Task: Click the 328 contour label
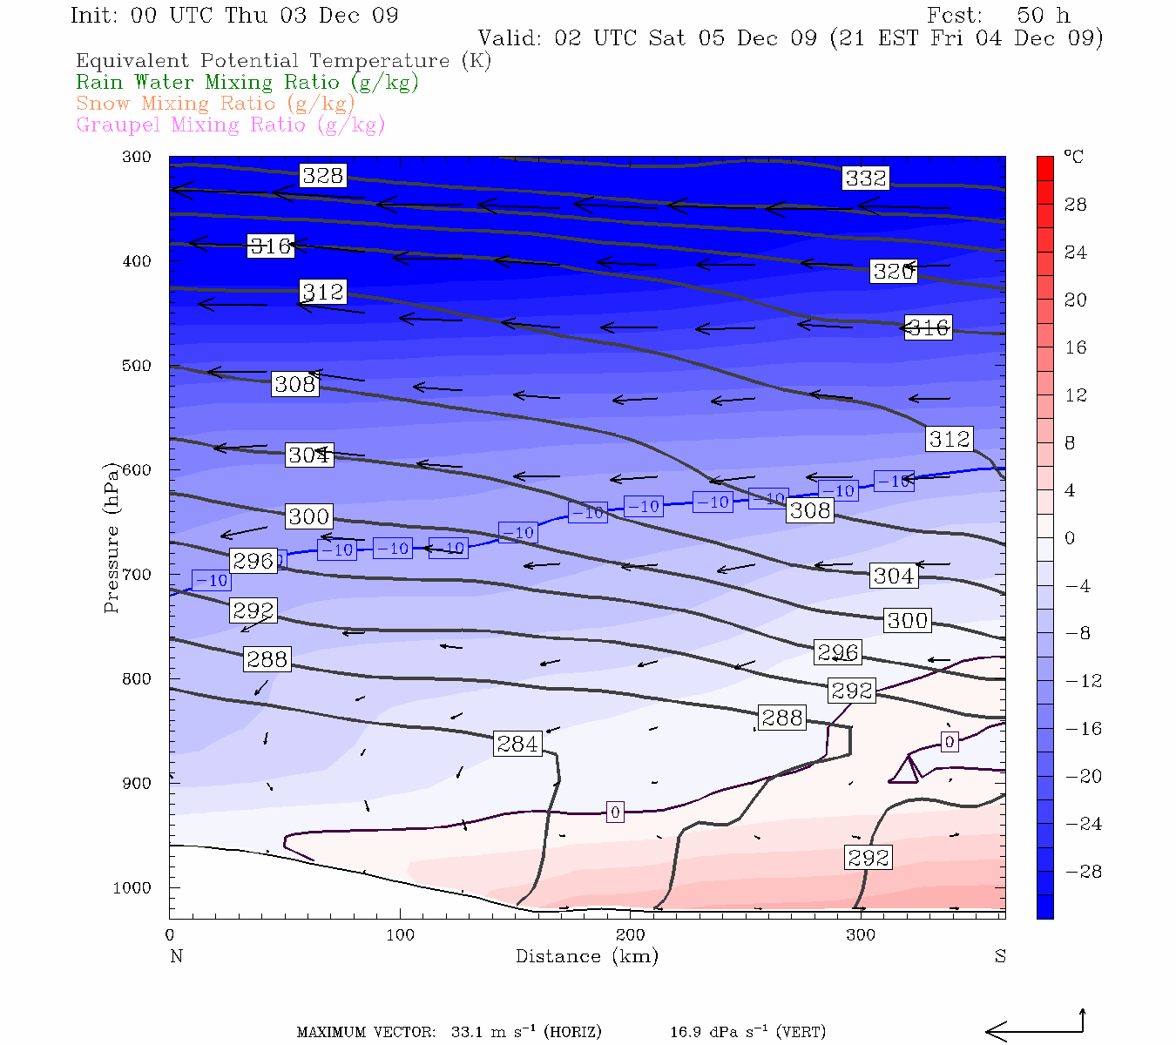322,176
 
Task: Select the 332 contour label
865,179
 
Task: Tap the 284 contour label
517,744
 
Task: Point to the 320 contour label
893,272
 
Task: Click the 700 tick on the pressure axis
136,575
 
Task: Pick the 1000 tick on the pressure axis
132,888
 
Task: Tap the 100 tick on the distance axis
401,935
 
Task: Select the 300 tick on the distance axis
861,935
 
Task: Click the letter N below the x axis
176,956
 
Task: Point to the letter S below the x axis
1000,956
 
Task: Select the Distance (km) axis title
586,956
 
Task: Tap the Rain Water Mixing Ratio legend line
247,83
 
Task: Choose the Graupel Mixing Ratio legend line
231,125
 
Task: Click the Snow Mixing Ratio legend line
215,104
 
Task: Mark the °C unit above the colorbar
1073,158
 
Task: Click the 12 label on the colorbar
1076,395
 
